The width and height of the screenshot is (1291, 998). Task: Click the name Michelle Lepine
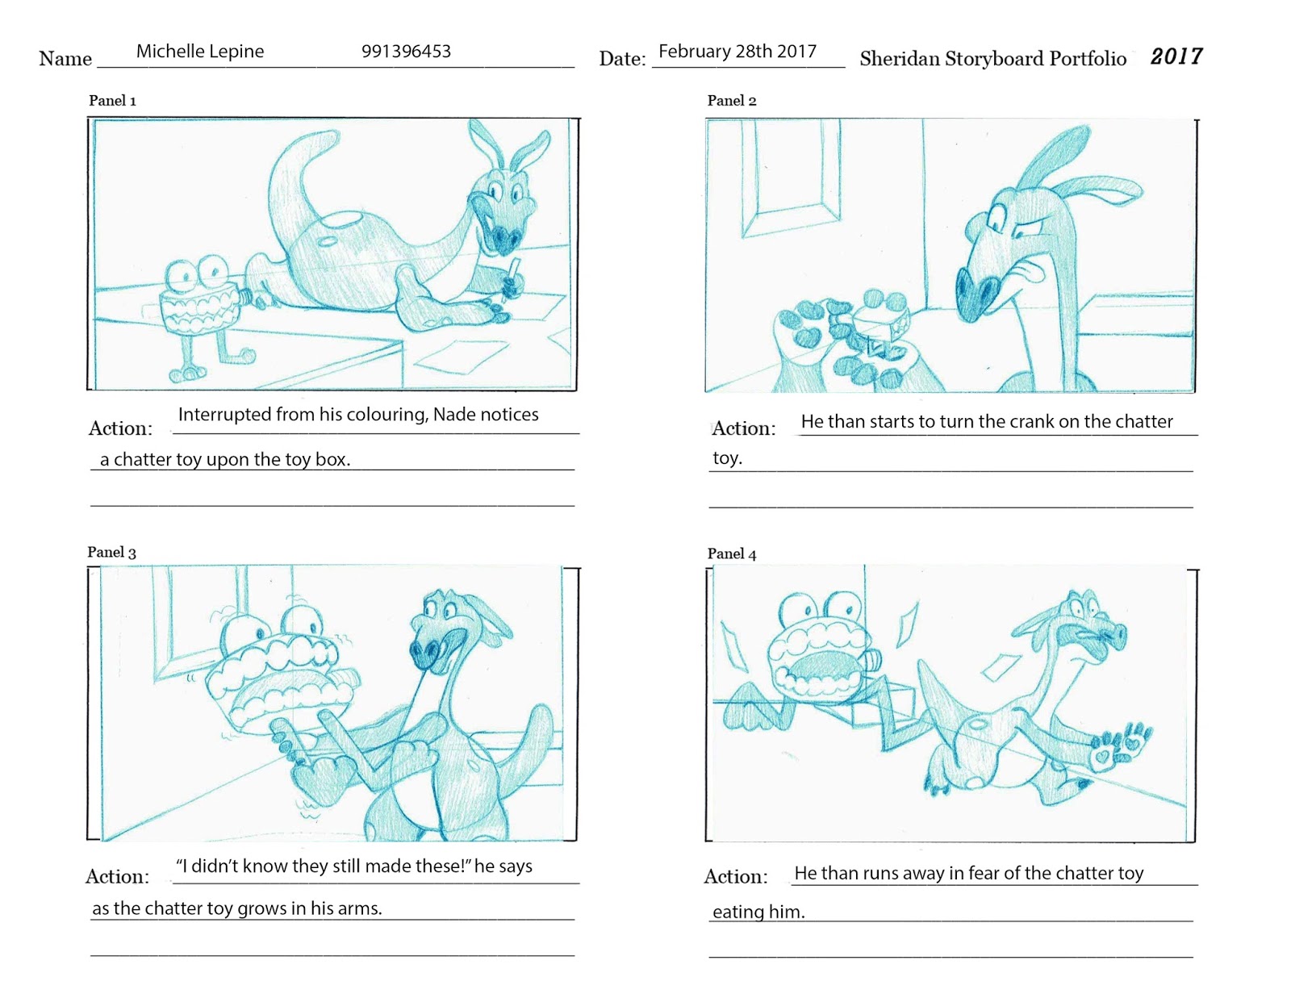[x=199, y=52]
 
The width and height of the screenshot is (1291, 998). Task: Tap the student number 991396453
[x=406, y=52]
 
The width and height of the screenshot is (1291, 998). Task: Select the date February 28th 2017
[x=737, y=52]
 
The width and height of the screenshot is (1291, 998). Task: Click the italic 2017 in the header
[x=1176, y=56]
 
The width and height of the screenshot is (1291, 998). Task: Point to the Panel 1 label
[x=112, y=101]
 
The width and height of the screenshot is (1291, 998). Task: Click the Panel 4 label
[x=731, y=553]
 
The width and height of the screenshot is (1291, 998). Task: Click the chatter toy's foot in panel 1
[x=187, y=374]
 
